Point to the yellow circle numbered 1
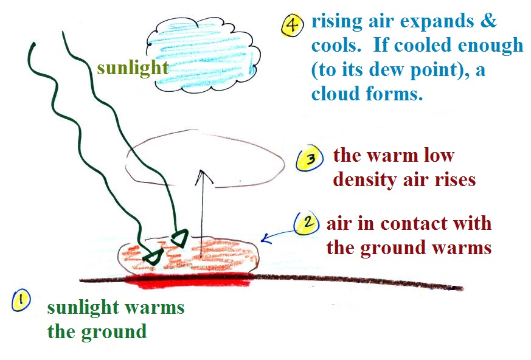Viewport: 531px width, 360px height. click(21, 300)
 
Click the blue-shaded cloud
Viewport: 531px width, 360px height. click(203, 55)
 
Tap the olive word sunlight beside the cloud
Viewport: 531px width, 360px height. click(133, 67)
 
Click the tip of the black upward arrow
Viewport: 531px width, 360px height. click(202, 170)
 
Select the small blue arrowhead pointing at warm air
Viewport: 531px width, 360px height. click(266, 238)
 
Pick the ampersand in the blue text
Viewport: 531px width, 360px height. click(488, 21)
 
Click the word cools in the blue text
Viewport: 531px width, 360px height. click(336, 46)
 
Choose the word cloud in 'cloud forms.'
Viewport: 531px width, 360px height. click(335, 94)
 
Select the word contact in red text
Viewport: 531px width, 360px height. click(409, 224)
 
